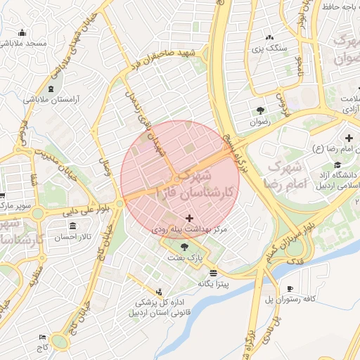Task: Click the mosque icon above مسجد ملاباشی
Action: pos(22,32)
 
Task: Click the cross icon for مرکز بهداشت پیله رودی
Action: pos(188,219)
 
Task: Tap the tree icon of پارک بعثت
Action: pos(184,247)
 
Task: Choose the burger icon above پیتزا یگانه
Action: pos(213,273)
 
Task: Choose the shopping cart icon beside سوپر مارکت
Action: pos(3,196)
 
